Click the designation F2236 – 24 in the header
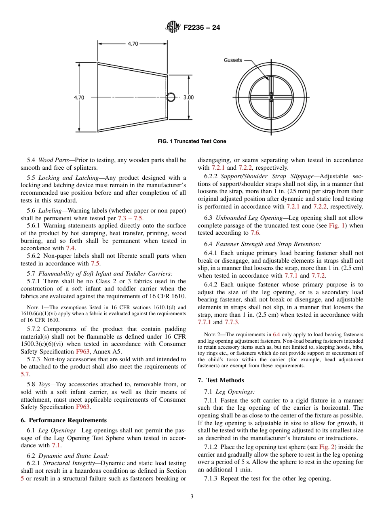coord(202,28)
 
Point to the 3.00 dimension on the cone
coord(188,97)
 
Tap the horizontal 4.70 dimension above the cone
coord(133,44)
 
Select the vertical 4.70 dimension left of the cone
coord(79,97)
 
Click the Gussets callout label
coord(233,60)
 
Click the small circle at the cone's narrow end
coord(171,97)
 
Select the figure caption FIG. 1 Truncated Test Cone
coord(192,141)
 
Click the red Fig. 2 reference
coord(326,447)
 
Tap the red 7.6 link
coord(255,233)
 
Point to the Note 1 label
coord(34,307)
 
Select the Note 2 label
coord(211,335)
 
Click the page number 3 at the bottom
coord(192,497)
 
